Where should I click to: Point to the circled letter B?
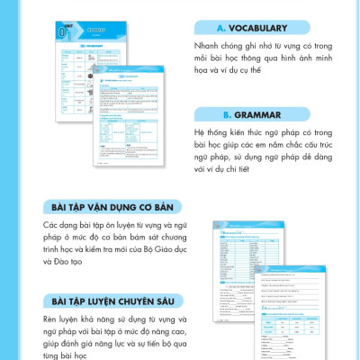(228, 115)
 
